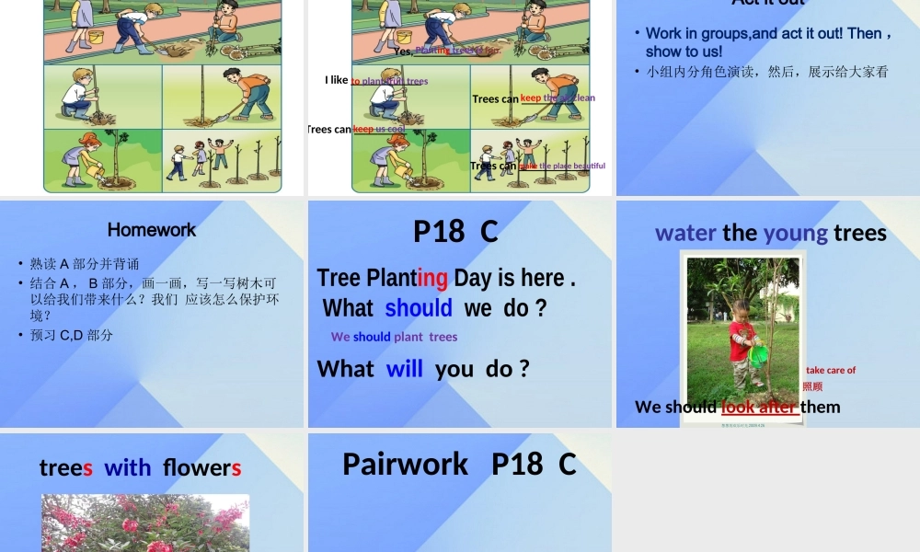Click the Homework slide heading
(152, 230)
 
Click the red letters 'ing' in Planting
(432, 278)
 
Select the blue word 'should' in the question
(419, 308)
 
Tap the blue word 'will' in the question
(405, 369)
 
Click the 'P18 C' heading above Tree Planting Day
(455, 231)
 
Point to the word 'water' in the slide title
(685, 233)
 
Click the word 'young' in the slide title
(796, 233)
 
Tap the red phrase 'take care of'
(831, 370)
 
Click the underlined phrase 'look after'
(759, 407)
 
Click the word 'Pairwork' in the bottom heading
(405, 464)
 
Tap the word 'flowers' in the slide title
(202, 467)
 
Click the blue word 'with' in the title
(128, 467)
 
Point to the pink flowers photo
(145, 524)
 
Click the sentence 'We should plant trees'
(394, 337)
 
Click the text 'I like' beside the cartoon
(337, 80)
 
